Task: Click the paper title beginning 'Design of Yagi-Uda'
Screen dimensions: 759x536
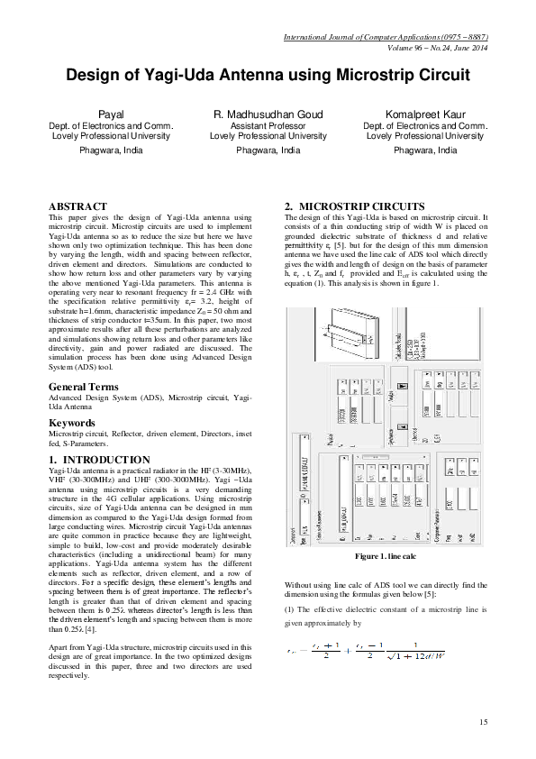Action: pos(268,77)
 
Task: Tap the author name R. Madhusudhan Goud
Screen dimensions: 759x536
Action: pos(268,115)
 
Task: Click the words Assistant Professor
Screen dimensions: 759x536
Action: pos(268,126)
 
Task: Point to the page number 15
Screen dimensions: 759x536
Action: pos(483,721)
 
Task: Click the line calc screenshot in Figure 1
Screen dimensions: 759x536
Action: pos(386,437)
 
